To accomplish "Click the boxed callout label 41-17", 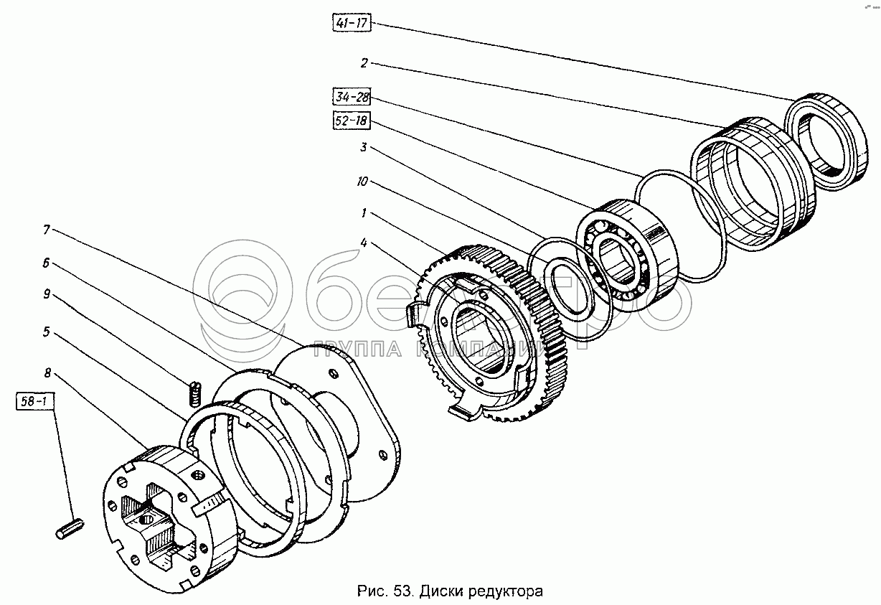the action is pyautogui.click(x=351, y=24).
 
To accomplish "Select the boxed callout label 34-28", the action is pyautogui.click(x=350, y=96).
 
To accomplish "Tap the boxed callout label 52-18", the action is pyautogui.click(x=350, y=121).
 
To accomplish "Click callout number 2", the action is pyautogui.click(x=364, y=63).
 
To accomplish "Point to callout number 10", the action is pyautogui.click(x=362, y=182).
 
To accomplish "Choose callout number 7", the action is pyautogui.click(x=46, y=230).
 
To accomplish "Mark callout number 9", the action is pyautogui.click(x=46, y=294).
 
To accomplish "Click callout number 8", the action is pyautogui.click(x=47, y=372).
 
